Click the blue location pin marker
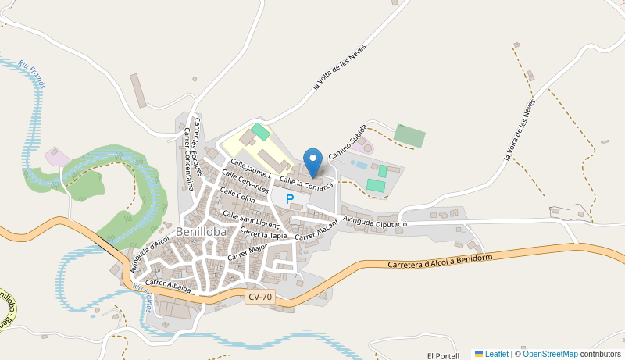(x=312, y=162)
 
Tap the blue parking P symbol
(x=290, y=199)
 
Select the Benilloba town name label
(x=202, y=232)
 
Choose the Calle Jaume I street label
(x=247, y=168)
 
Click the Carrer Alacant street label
(x=317, y=229)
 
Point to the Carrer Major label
(x=248, y=251)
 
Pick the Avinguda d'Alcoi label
(x=150, y=254)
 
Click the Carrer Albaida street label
(x=168, y=286)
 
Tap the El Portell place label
(x=443, y=355)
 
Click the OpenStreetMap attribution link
(x=550, y=354)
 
